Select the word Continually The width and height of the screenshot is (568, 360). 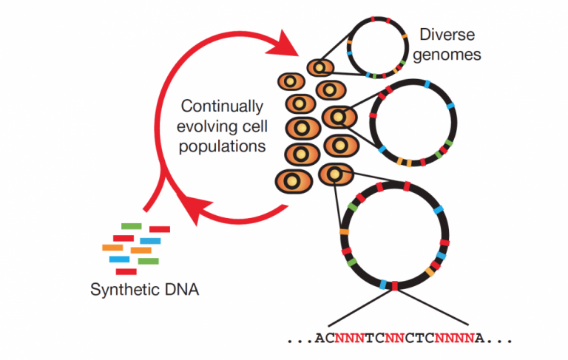[x=222, y=107]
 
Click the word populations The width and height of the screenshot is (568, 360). [x=222, y=147]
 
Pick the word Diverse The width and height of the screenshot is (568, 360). [x=447, y=35]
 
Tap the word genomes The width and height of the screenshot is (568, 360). [x=447, y=55]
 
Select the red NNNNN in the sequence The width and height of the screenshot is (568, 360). [x=455, y=338]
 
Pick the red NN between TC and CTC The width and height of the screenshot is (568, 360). [x=395, y=338]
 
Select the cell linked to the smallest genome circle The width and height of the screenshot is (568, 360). [x=320, y=67]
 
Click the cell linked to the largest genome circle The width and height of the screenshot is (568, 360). [x=336, y=174]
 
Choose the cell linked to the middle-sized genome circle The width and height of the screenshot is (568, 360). [x=339, y=117]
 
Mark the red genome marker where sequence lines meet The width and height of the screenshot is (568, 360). [x=394, y=286]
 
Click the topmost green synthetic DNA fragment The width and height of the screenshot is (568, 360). [x=131, y=226]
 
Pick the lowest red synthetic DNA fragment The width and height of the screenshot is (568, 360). [x=126, y=271]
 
